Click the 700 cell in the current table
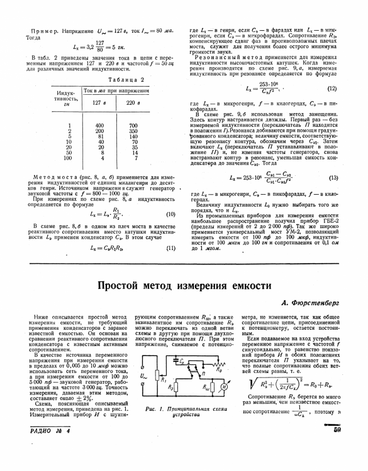(x=133, y=126)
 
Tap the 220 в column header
(x=133, y=102)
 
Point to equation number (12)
(x=333, y=88)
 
